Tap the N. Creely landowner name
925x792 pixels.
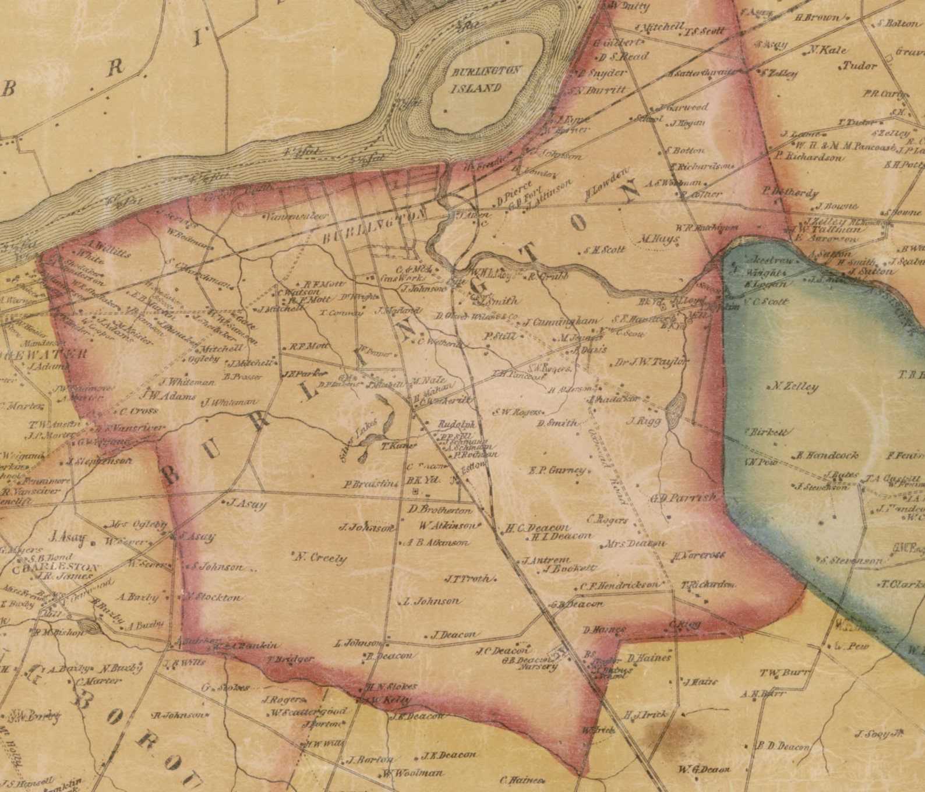click(321, 558)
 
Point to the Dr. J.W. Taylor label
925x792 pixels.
click(652, 362)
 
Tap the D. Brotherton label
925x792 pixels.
click(440, 510)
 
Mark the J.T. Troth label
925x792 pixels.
click(469, 579)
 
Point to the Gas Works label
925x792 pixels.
click(397, 278)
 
